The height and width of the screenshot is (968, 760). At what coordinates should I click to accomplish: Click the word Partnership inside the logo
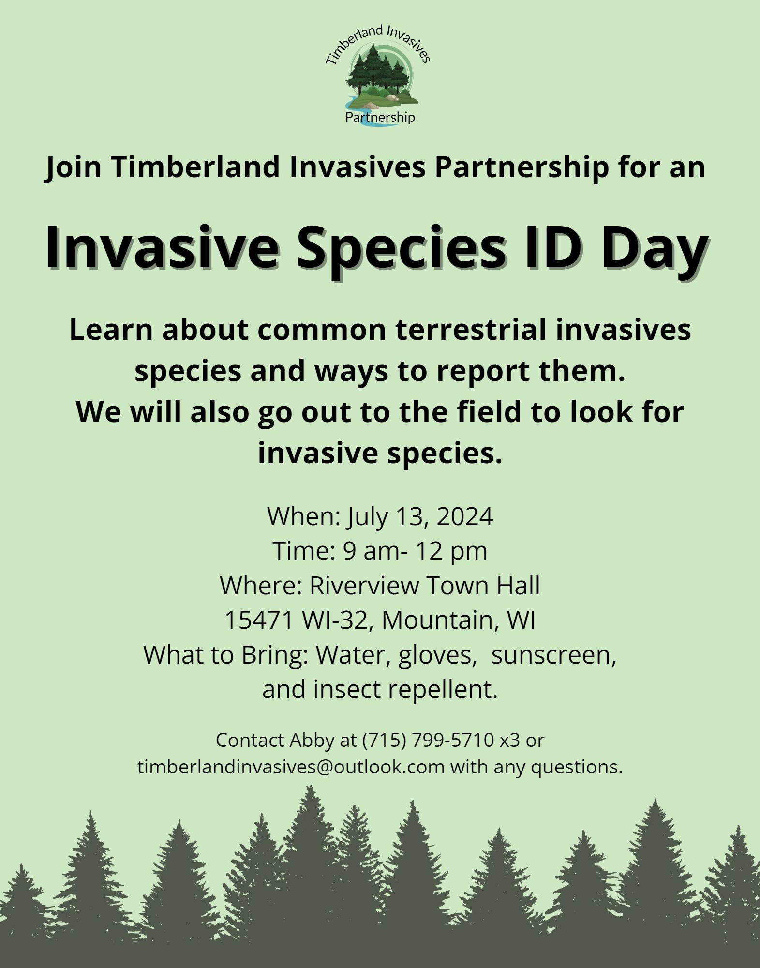tap(380, 117)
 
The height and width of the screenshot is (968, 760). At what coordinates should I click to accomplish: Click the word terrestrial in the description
tap(476, 330)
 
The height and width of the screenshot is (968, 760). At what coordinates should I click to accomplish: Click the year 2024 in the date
tap(464, 516)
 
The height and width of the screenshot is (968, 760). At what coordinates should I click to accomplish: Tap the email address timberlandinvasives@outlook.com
tap(291, 767)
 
